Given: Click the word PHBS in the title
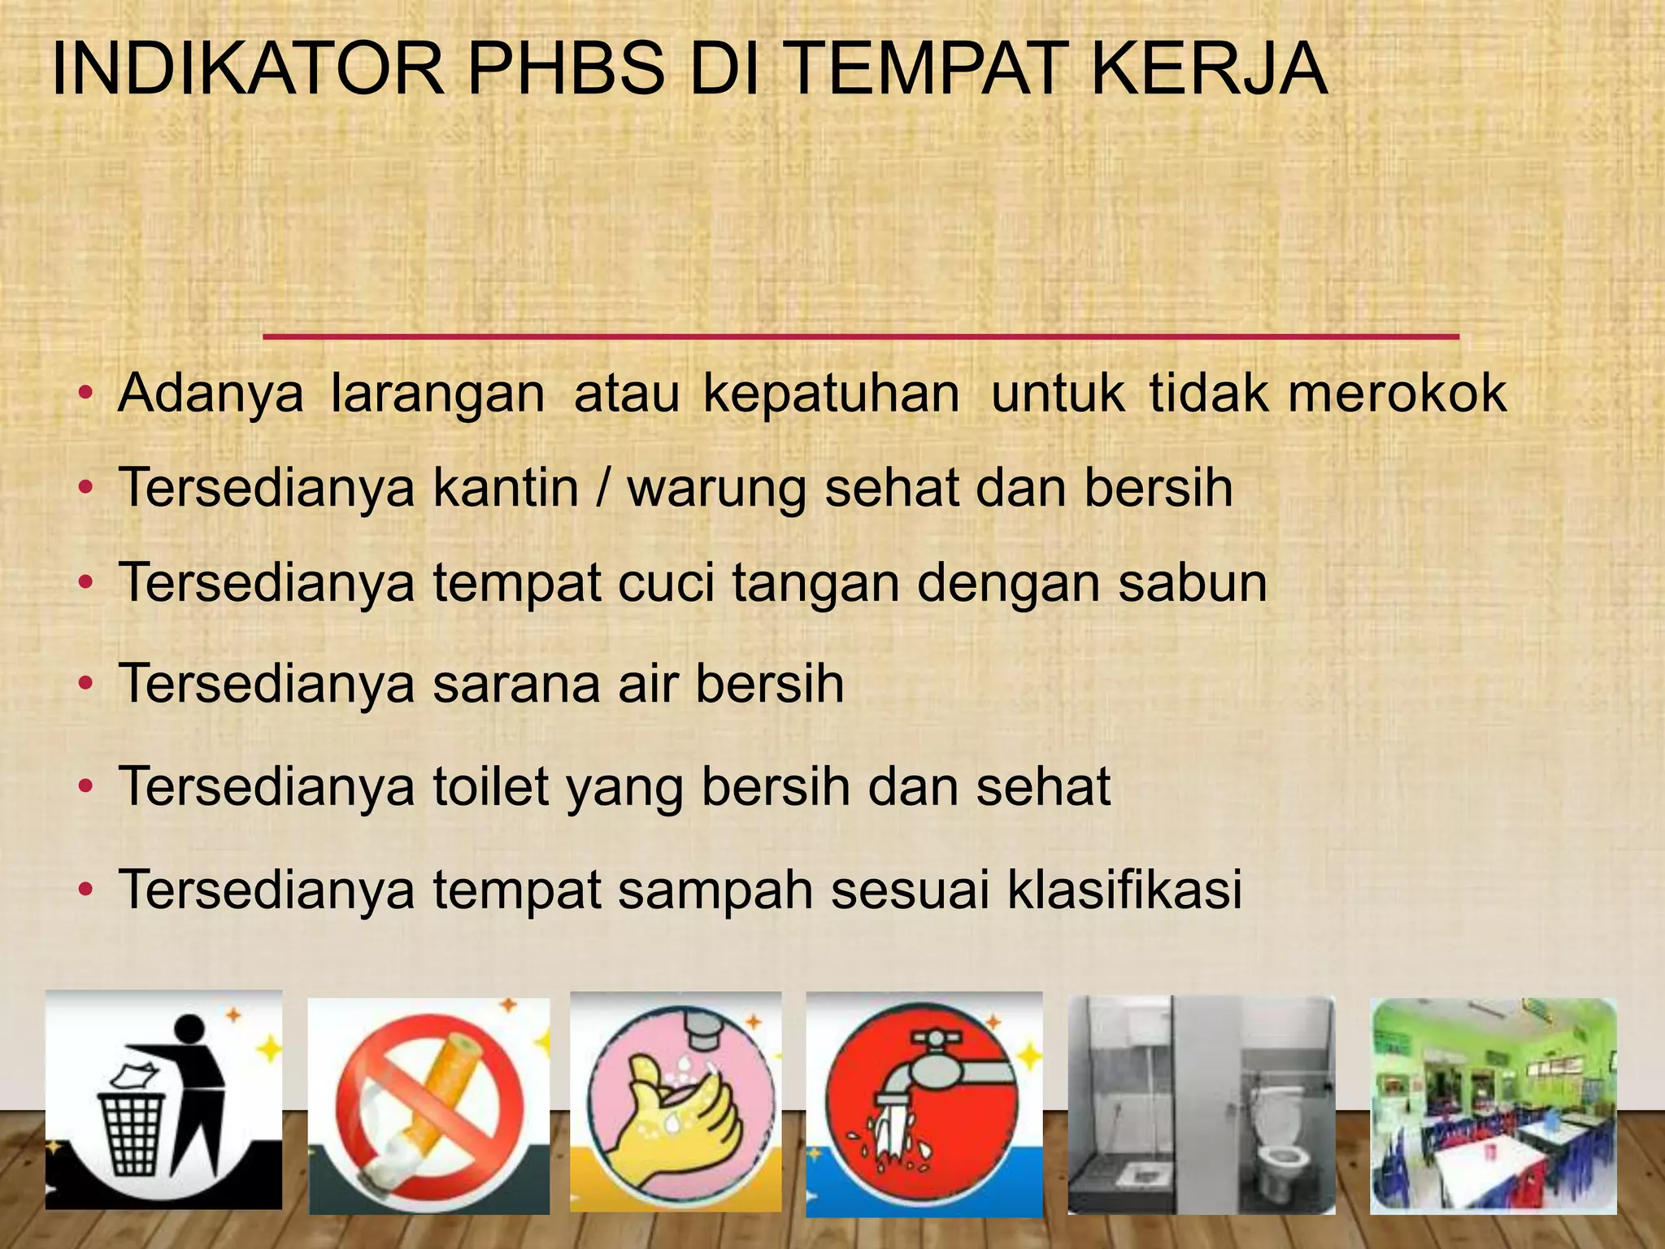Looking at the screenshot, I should coord(566,70).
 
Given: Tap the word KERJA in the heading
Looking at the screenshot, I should coord(1209,70).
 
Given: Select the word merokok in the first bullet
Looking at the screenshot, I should coord(1398,394).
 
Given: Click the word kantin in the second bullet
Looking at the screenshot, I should coord(505,488).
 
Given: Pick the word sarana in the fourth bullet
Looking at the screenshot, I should coord(517,684).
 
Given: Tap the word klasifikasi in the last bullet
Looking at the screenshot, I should coord(1125,889).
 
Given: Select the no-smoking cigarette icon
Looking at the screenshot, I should coord(428,1106).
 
